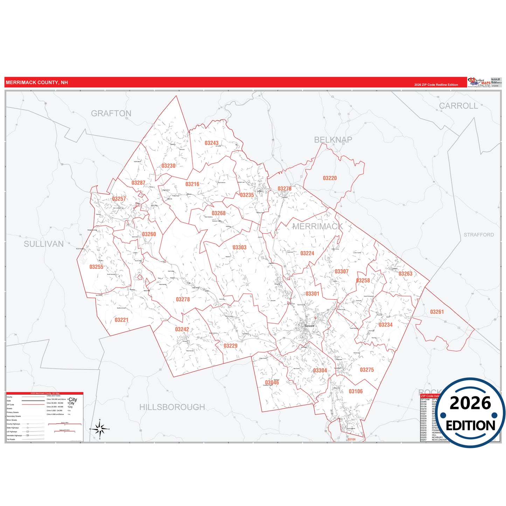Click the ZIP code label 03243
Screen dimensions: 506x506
212,143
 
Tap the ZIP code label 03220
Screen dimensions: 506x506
330,178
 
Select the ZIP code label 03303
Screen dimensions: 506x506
240,248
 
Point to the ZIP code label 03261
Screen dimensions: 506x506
437,312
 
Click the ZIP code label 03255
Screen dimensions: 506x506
96,267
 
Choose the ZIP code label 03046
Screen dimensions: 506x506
272,382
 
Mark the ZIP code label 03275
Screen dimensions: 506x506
367,370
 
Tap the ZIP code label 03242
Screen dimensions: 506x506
182,329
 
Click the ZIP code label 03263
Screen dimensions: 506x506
405,273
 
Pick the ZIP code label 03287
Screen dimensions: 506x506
138,183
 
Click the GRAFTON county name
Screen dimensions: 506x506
111,113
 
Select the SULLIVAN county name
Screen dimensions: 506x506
44,244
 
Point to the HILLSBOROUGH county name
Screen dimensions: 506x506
172,407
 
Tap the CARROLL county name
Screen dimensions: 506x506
458,106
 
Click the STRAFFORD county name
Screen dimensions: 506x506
479,235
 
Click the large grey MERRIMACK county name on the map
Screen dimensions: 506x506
317,227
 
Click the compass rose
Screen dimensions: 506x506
100,429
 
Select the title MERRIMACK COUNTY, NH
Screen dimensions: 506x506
37,83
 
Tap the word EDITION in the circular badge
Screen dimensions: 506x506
470,425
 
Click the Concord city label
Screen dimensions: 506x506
309,326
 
